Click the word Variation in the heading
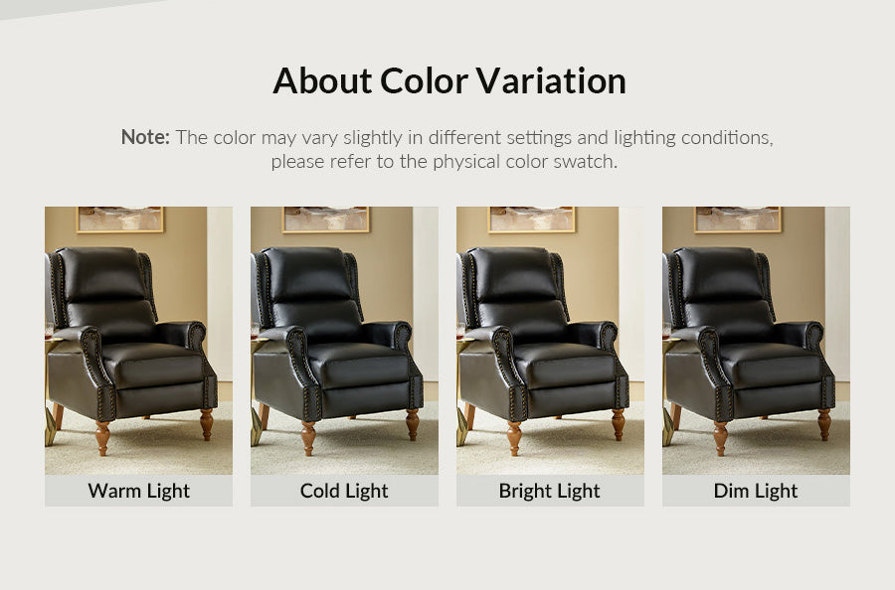[551, 80]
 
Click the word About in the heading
[322, 80]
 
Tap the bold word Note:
[145, 137]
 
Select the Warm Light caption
[138, 491]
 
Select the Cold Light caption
[344, 491]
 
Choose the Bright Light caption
[550, 491]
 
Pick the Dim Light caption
[756, 491]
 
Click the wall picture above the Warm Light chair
[120, 220]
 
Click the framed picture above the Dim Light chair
[738, 220]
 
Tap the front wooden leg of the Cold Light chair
[308, 438]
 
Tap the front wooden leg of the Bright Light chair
[514, 438]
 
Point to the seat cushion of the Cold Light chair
[358, 365]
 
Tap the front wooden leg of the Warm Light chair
[102, 438]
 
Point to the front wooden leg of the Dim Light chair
[720, 438]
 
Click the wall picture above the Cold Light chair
[326, 220]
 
